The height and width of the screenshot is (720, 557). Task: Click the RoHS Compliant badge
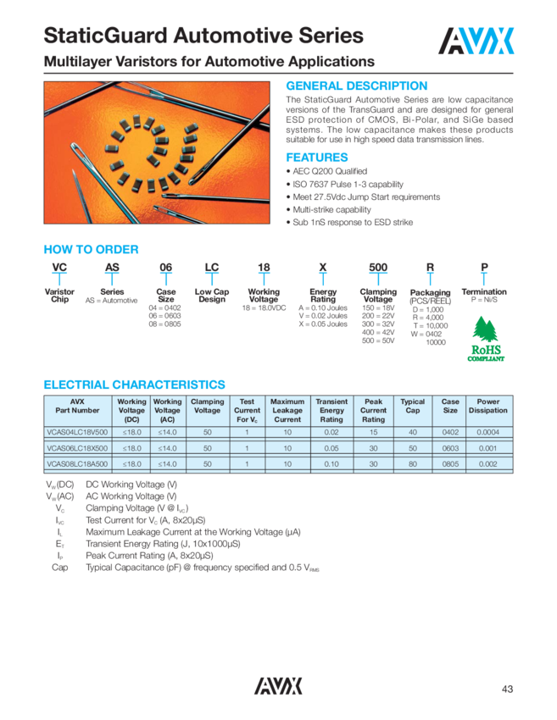pos(485,342)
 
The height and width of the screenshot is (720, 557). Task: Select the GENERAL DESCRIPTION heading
pos(356,86)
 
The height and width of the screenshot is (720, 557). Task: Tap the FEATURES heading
pos(316,158)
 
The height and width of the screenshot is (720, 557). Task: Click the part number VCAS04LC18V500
pos(78,432)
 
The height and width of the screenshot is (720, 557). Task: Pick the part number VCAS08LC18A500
pos(78,465)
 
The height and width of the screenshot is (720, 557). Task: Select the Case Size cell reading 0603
pos(450,448)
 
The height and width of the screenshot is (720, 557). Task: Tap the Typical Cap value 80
pos(413,465)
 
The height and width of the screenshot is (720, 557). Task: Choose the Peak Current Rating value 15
pos(373,432)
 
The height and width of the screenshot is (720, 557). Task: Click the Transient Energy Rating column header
pos(331,410)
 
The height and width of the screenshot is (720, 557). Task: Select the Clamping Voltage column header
pos(208,406)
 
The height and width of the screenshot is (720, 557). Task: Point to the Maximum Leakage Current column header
pos(287,410)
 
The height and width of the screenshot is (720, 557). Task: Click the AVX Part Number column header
pos(78,406)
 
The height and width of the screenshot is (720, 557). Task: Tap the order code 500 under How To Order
pos(378,268)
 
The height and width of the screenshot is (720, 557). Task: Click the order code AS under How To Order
pos(111,268)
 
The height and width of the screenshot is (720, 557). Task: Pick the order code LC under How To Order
pos(212,268)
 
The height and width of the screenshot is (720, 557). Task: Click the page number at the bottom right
pos(508,688)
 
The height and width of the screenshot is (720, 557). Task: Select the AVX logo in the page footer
pos(278,686)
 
